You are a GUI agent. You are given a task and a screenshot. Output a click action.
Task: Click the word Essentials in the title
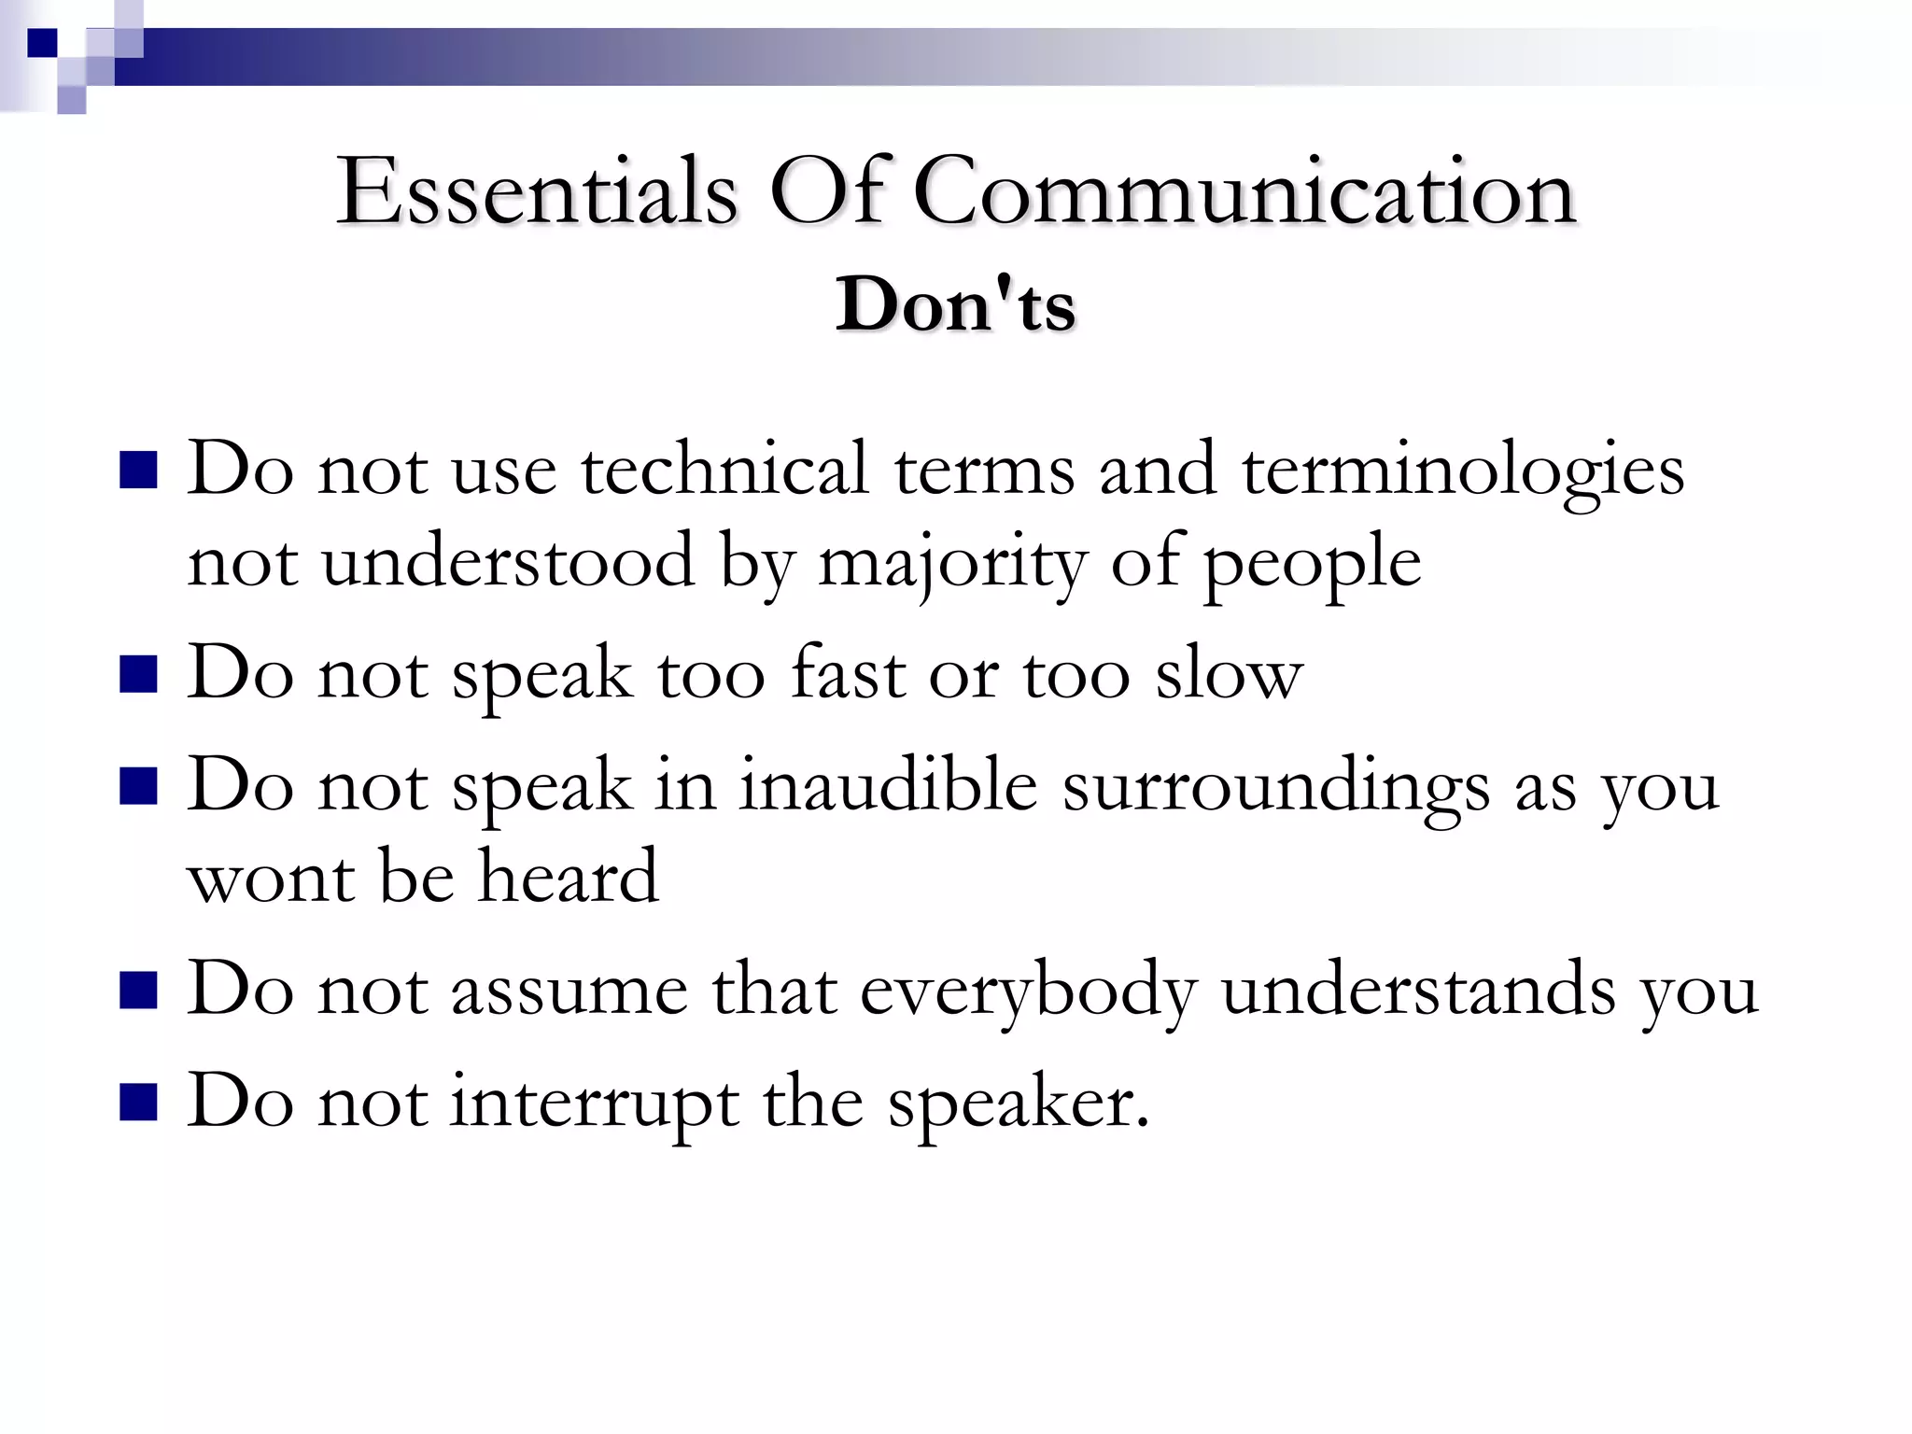537,191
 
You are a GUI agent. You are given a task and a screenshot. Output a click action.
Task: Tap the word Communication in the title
1244,191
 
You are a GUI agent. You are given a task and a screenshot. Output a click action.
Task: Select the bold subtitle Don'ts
955,304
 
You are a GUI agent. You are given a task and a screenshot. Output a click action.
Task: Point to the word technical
724,469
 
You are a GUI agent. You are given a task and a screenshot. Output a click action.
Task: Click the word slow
1229,674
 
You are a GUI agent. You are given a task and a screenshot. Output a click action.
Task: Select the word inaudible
888,785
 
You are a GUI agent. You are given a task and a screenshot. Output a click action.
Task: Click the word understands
1418,990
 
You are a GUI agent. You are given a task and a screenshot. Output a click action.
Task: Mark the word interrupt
594,1103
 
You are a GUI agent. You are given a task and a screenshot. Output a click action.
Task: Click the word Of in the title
826,191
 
